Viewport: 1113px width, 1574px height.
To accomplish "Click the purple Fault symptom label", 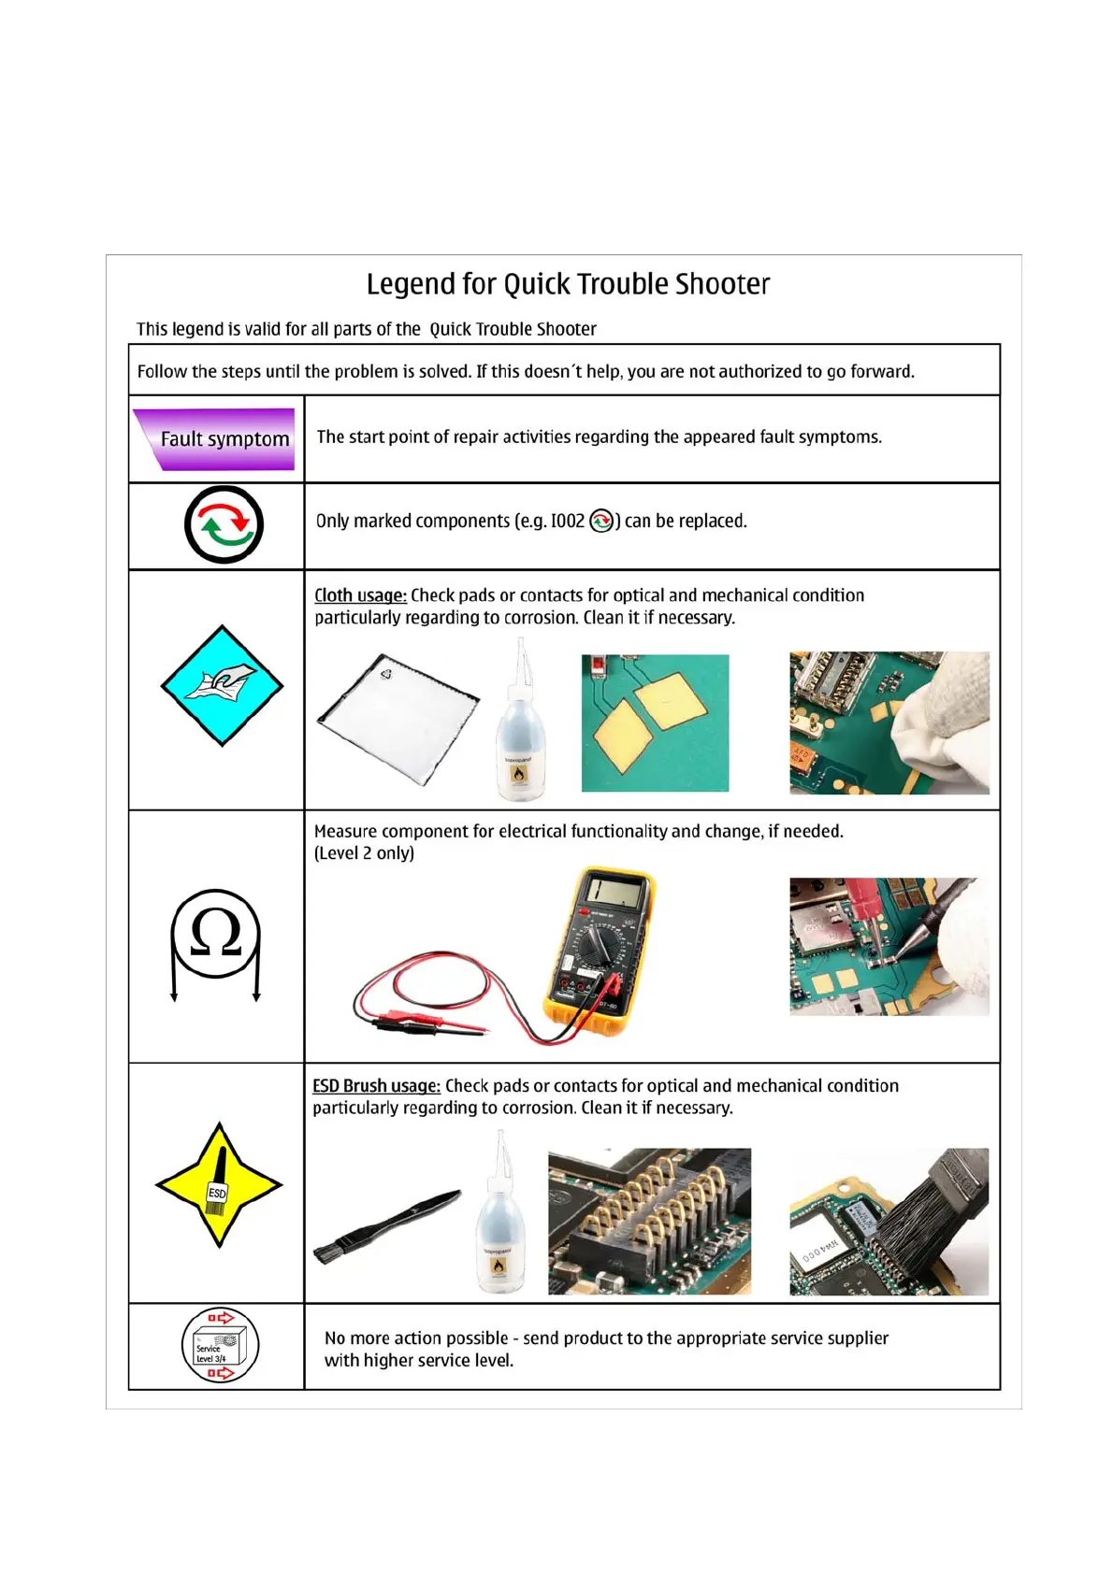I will click(217, 438).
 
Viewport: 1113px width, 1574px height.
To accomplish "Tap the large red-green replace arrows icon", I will click(224, 524).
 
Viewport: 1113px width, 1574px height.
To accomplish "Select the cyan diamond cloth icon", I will click(222, 685).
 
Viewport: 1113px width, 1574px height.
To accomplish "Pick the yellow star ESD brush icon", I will click(219, 1184).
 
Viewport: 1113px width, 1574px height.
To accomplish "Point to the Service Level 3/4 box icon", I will click(220, 1346).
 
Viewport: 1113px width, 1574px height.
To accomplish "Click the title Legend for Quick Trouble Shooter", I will click(568, 284).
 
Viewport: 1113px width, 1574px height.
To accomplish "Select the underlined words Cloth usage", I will click(360, 595).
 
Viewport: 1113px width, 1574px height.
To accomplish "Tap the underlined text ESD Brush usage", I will click(376, 1086).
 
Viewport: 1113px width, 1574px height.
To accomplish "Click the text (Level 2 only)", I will click(364, 853).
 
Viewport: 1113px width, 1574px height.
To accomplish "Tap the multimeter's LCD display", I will click(614, 893).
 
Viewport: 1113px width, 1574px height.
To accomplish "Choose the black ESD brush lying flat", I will click(386, 1224).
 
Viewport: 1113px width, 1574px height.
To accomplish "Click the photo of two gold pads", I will click(655, 723).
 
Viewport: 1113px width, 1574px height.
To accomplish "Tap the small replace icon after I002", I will click(601, 522).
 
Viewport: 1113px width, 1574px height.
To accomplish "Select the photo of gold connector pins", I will click(649, 1221).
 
